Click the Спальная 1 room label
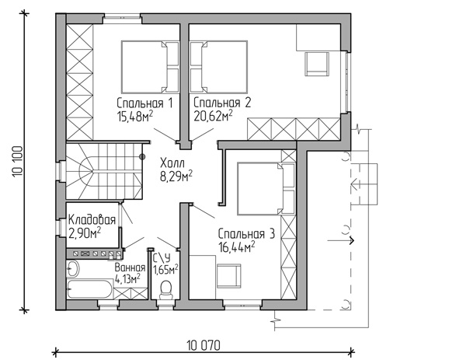145,103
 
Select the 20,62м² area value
213,116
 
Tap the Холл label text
172,163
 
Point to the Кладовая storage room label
92,220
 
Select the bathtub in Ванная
90,289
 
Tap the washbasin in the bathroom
72,268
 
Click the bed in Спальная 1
150,67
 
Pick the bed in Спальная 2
218,67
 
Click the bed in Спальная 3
266,189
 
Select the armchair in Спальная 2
317,64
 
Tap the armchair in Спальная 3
229,276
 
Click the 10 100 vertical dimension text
18,162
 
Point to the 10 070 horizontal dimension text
204,345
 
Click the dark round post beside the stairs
142,156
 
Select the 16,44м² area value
237,246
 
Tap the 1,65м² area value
165,270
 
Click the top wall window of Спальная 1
122,18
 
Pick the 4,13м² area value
127,278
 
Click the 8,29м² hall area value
176,177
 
